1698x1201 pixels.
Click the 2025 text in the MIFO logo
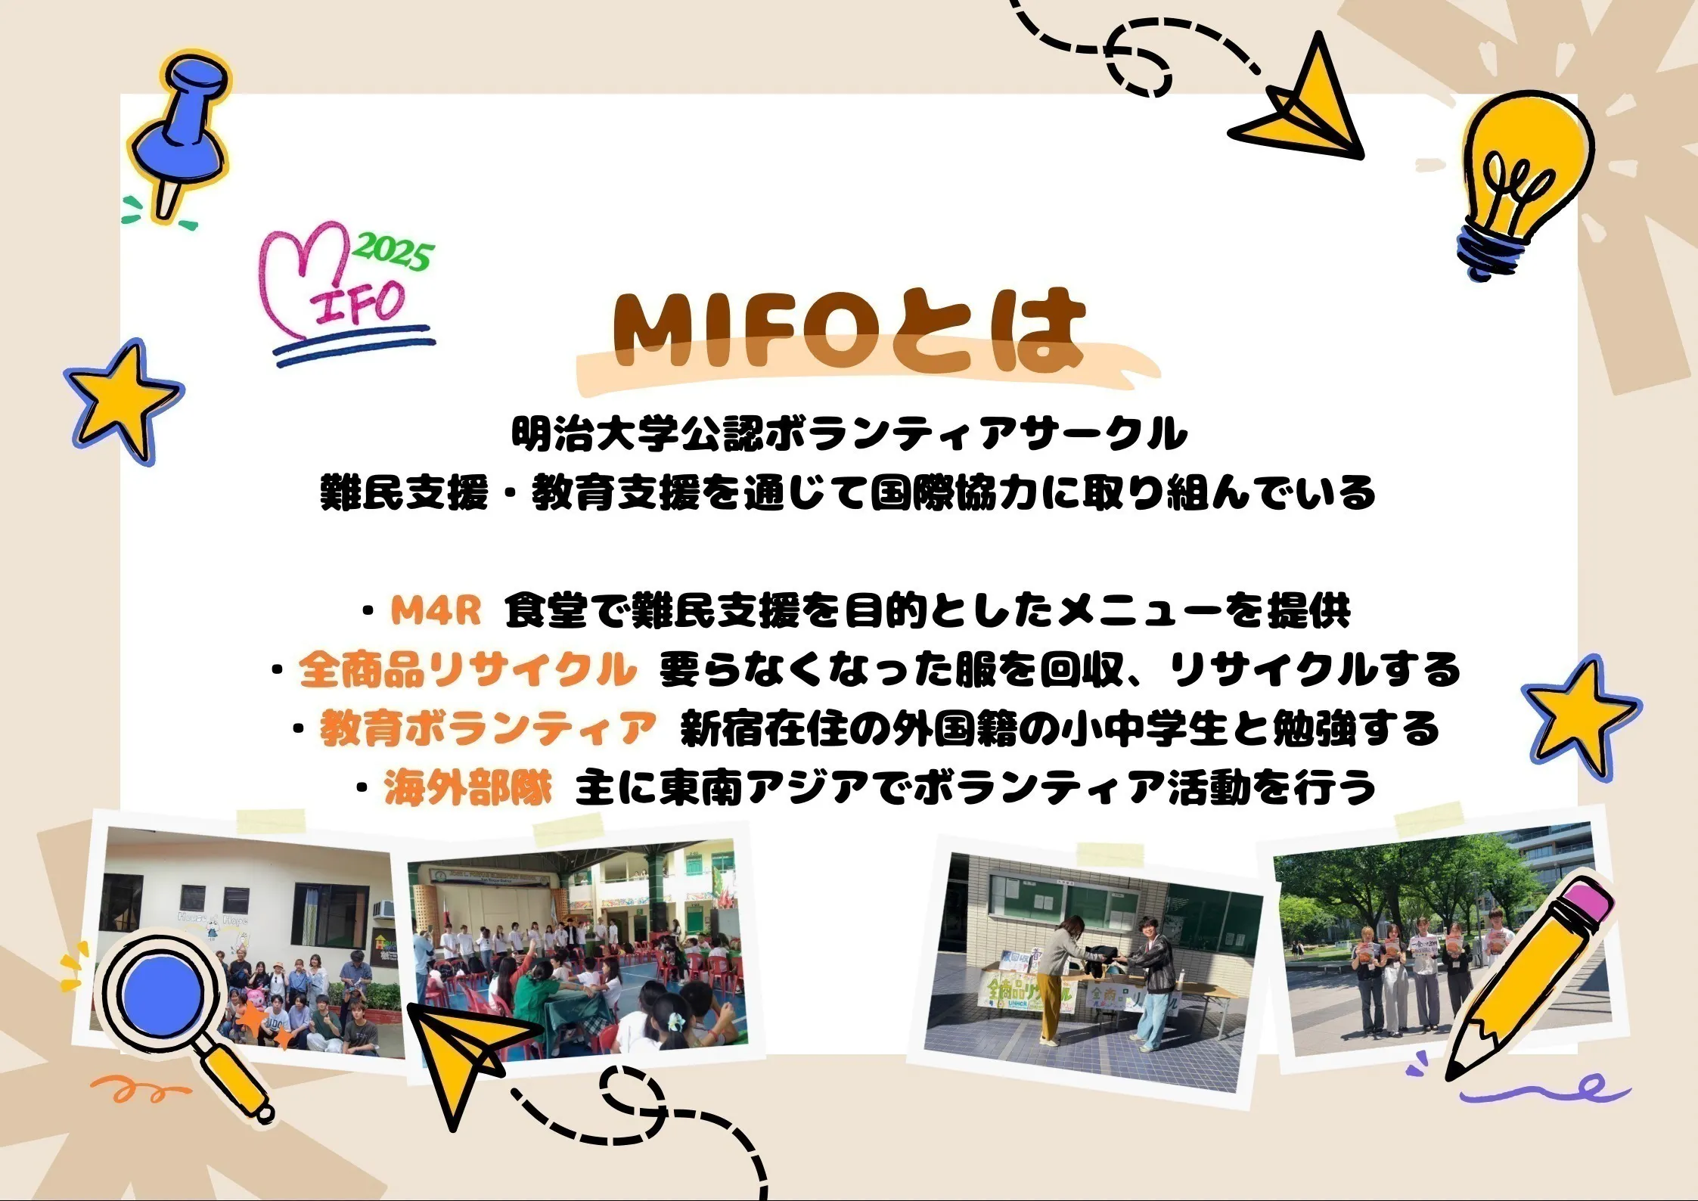tap(393, 253)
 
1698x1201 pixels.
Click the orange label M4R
tap(436, 610)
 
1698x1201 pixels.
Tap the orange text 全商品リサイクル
tap(467, 669)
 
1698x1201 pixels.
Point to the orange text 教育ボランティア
tap(487, 728)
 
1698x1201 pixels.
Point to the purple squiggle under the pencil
tap(1543, 1089)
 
